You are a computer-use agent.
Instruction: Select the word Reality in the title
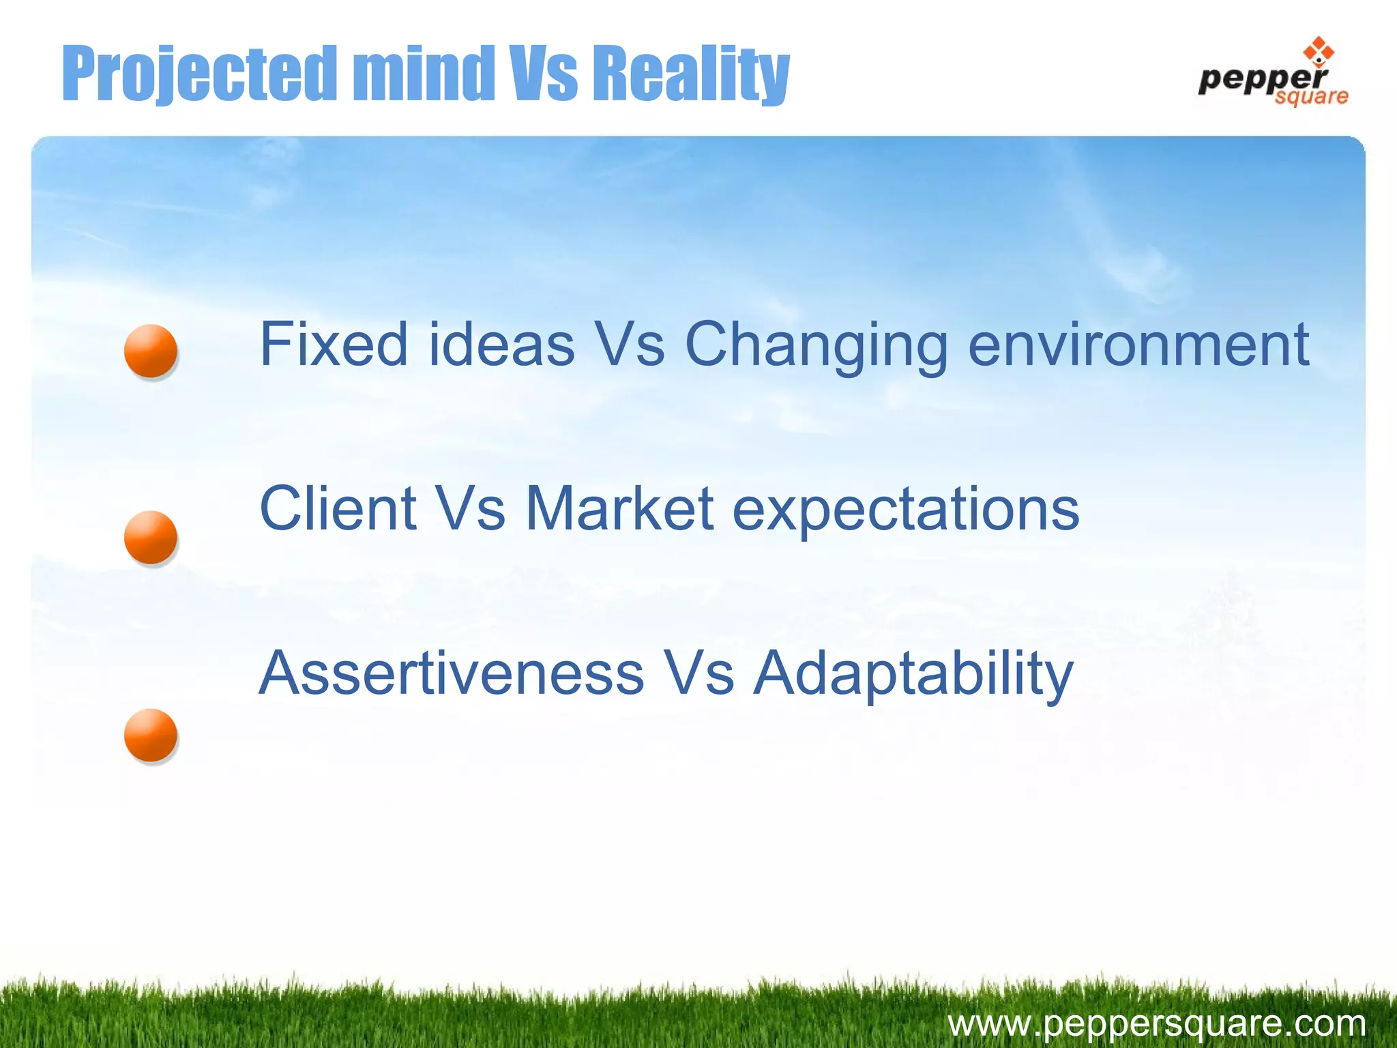pos(689,74)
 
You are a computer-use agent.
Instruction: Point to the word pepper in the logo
pos(1262,78)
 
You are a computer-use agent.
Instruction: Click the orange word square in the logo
pos(1311,97)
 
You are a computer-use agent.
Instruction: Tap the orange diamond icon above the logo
pos(1318,52)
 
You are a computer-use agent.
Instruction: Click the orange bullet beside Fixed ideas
pos(151,351)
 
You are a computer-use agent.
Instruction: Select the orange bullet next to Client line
pos(151,537)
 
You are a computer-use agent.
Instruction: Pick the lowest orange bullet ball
pos(151,736)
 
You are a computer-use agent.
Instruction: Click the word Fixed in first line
pos(334,345)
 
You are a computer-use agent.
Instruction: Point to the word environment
pos(1138,345)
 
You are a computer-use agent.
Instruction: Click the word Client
pos(338,508)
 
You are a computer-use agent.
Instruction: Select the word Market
pos(619,508)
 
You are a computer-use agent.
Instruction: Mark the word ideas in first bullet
pos(502,345)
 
